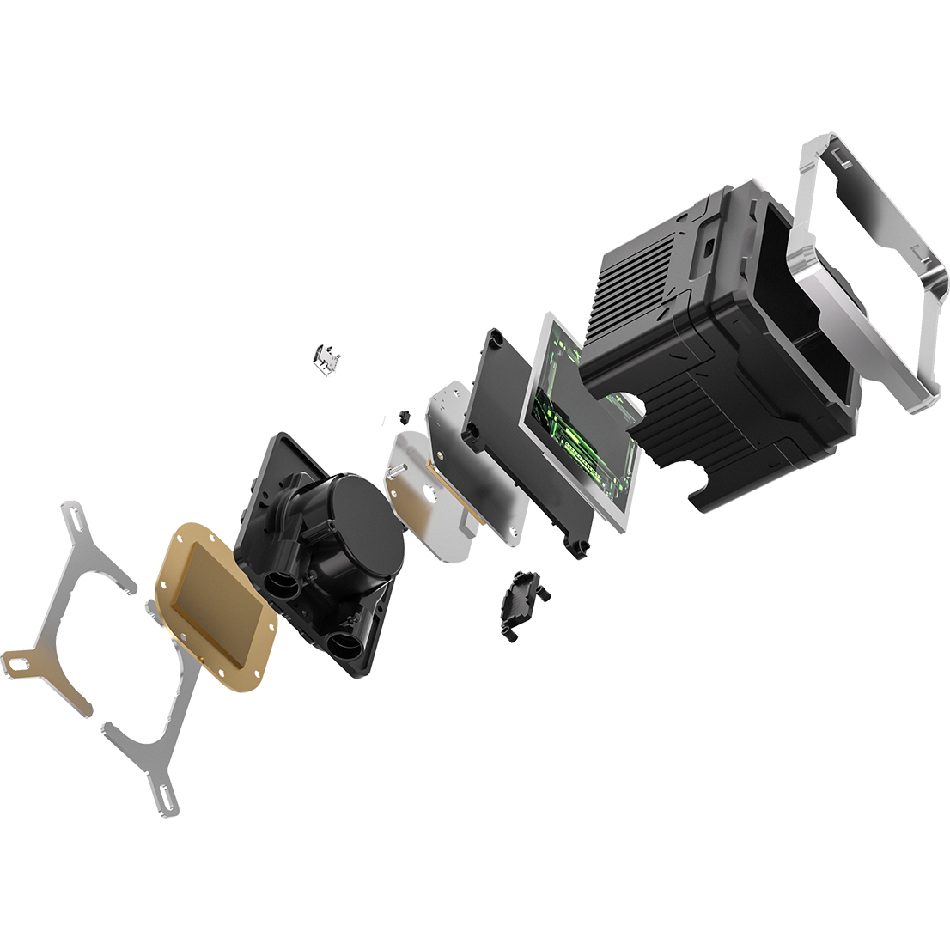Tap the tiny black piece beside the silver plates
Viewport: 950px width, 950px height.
pos(402,417)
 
